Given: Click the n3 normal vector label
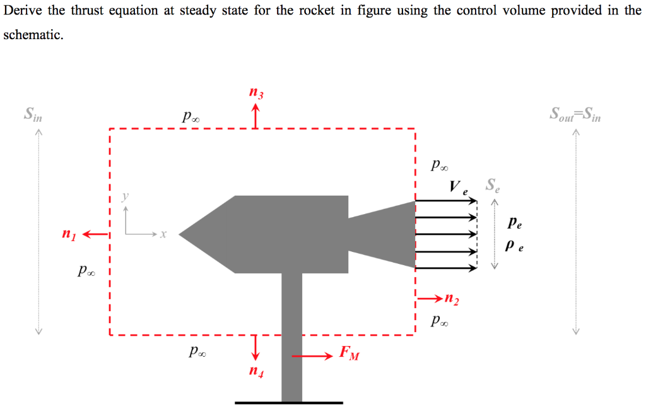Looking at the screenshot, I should [255, 94].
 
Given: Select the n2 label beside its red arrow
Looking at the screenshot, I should [452, 299].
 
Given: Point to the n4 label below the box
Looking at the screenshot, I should [255, 372].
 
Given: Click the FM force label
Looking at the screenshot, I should [349, 352].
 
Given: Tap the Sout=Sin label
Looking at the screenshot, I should [575, 115].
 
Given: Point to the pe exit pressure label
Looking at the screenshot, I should [515, 223].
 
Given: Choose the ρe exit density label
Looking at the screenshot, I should [515, 247].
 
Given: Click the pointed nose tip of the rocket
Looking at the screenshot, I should [181, 235].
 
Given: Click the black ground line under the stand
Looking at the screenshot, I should [289, 402].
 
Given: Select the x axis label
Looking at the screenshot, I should [162, 234].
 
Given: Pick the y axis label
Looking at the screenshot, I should [125, 196].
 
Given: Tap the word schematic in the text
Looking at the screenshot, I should [32, 35].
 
